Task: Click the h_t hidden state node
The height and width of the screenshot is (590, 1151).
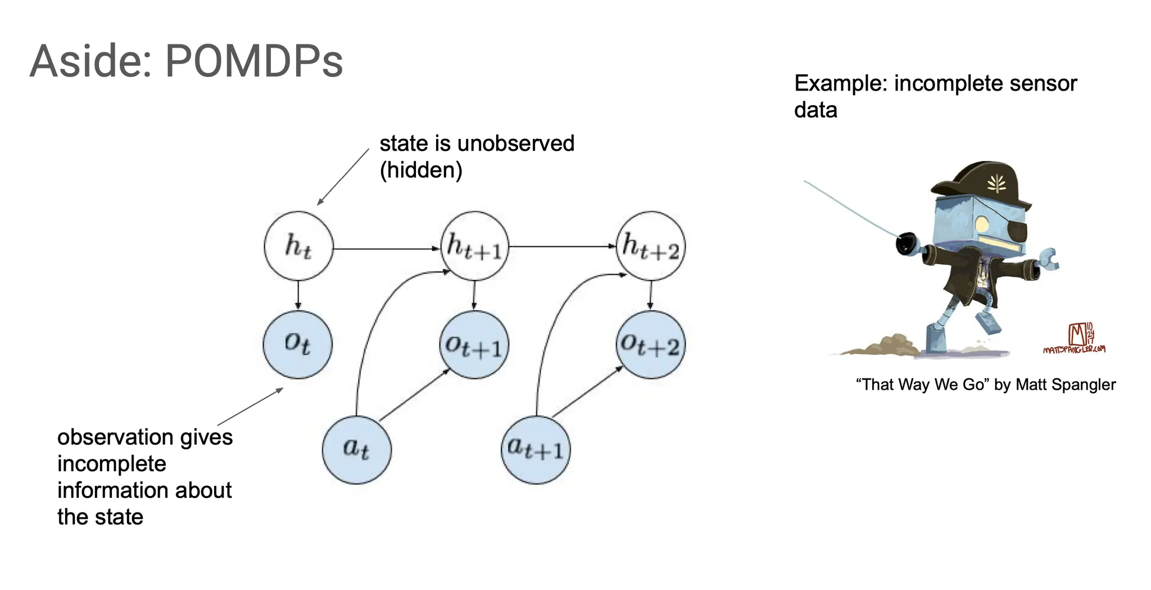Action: point(298,246)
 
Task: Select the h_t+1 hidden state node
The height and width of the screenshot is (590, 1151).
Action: point(475,246)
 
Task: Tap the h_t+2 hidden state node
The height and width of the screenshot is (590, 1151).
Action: point(651,246)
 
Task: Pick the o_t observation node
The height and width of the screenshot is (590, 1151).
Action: point(298,344)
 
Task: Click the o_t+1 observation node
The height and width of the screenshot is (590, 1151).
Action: point(474,345)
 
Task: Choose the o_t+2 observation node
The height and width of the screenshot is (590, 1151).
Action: point(651,345)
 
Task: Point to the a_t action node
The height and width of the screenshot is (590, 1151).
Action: point(356,450)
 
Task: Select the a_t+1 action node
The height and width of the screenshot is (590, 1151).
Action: point(536,450)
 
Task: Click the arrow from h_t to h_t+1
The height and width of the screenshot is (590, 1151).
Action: point(387,248)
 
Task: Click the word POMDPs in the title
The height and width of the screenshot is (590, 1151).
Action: point(254,61)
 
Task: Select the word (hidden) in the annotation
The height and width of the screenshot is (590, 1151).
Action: point(421,170)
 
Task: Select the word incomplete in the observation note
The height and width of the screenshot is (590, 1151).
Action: point(112,464)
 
